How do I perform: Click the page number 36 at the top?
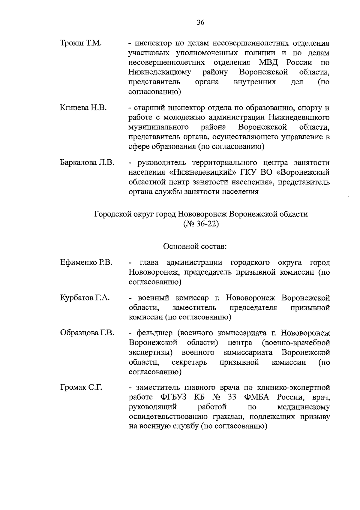click(x=201, y=22)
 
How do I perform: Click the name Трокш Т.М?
click(x=81, y=43)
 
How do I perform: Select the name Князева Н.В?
click(x=83, y=108)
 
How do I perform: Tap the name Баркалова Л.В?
click(x=87, y=163)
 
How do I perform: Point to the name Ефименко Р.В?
click(x=86, y=263)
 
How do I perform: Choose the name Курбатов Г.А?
click(x=85, y=298)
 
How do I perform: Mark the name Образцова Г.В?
click(x=87, y=333)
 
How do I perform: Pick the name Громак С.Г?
click(x=81, y=388)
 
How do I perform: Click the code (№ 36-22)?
click(x=201, y=224)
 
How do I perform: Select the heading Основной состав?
click(x=194, y=247)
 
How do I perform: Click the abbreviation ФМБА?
click(x=257, y=397)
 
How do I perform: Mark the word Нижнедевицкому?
click(x=160, y=72)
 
